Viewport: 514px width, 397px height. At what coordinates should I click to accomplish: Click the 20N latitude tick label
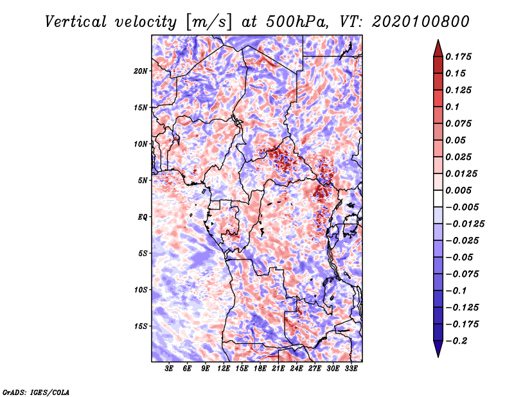[141, 71]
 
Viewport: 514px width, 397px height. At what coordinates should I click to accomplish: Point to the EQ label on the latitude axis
[143, 217]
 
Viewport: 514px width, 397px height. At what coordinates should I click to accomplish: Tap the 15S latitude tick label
[141, 326]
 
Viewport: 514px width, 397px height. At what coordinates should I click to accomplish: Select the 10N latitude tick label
[141, 144]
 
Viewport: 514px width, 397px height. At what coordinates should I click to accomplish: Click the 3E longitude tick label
[169, 368]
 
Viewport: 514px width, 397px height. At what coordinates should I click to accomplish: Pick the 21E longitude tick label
[278, 368]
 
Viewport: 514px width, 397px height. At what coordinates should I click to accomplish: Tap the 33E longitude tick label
[351, 368]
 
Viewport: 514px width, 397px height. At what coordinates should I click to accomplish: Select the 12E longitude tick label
[224, 368]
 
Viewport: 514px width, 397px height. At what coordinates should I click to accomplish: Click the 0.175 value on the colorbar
[458, 57]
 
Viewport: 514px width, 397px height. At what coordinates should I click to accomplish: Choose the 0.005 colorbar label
[458, 190]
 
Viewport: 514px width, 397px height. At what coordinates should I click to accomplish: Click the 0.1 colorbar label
[452, 107]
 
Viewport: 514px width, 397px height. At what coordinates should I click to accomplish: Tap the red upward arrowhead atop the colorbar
[438, 48]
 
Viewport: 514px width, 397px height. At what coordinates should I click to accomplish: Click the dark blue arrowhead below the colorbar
[438, 349]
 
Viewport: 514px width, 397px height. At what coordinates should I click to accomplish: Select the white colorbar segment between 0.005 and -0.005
[438, 198]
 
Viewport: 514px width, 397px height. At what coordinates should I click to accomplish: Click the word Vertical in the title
[76, 22]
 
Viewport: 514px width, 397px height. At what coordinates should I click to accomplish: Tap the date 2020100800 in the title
[421, 22]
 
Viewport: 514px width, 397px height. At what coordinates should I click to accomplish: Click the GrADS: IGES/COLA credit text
[36, 393]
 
